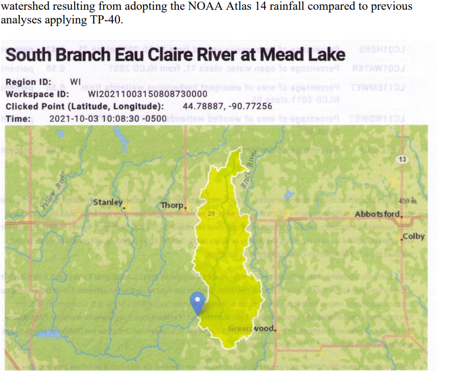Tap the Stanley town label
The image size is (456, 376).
[108, 202]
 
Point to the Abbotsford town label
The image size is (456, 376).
[378, 214]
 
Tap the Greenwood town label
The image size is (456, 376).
[251, 329]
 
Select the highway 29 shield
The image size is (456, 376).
[211, 213]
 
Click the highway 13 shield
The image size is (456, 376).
[402, 159]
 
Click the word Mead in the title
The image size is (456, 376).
[283, 55]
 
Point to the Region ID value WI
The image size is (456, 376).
[76, 82]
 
